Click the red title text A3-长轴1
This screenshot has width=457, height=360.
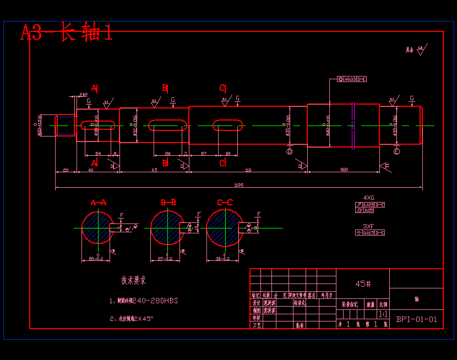pos(67,32)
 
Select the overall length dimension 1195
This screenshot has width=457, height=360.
pos(239,185)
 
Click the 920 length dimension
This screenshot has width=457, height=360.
pos(344,169)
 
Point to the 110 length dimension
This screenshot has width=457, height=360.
pos(248,170)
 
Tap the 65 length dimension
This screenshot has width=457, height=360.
pos(154,170)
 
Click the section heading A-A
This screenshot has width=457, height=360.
pos(99,203)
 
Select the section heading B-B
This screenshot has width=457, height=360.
pos(168,203)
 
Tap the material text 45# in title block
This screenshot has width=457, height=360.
pos(362,283)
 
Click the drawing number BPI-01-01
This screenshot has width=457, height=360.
pos(416,319)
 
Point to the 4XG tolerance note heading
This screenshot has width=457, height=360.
pos(368,197)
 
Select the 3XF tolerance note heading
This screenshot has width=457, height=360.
pos(368,226)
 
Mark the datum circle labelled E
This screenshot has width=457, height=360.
pos(398,151)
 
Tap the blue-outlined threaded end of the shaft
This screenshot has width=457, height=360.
pos(66,125)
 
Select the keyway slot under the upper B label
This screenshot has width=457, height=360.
pos(167,125)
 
